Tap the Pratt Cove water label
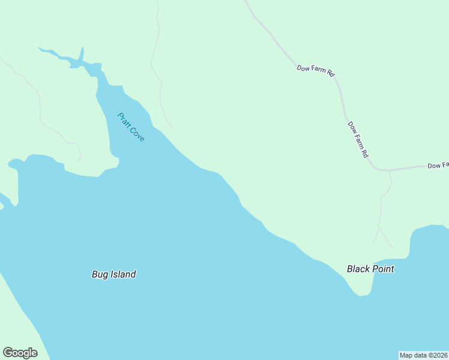pos(131,127)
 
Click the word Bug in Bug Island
pos(99,275)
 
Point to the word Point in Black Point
pos(383,269)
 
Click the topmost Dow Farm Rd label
pos(315,70)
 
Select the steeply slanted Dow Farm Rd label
pos(358,139)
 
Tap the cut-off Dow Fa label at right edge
pos(438,165)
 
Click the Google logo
pos(20,353)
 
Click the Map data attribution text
pos(423,355)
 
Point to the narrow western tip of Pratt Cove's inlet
pos(40,48)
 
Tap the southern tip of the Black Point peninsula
pos(361,295)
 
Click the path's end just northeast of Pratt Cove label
pos(173,128)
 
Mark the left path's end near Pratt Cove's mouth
pos(78,161)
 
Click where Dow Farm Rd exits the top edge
pos(245,1)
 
